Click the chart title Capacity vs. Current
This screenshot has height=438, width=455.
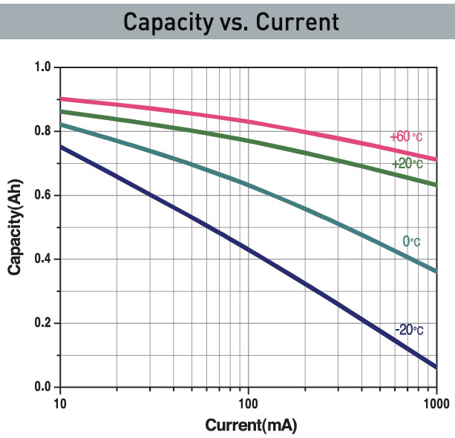231,21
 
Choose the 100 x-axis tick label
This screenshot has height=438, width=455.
248,403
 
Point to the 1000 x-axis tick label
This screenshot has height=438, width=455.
433,403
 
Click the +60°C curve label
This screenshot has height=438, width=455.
406,137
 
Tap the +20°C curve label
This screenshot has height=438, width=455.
407,164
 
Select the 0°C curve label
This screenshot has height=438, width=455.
411,242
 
